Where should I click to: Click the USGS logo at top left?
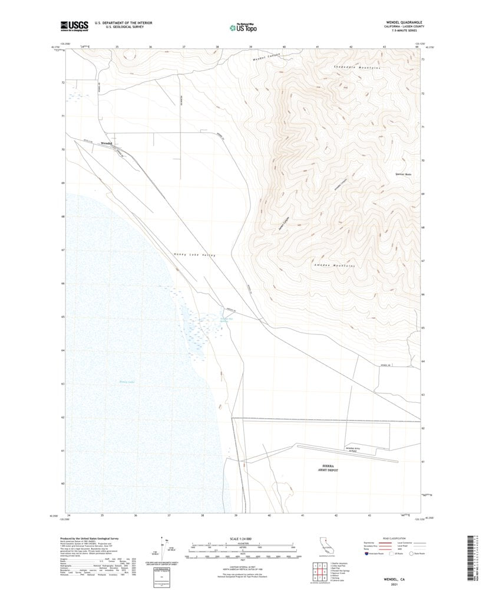pyautogui.click(x=73, y=25)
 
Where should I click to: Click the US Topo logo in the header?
pyautogui.click(x=242, y=27)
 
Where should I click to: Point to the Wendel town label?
pyautogui.click(x=107, y=143)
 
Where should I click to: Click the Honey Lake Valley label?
pyautogui.click(x=194, y=254)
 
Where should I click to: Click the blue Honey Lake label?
pyautogui.click(x=127, y=382)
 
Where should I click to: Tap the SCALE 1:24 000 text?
pyautogui.click(x=241, y=539)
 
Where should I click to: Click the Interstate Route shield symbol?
pyautogui.click(x=368, y=554)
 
